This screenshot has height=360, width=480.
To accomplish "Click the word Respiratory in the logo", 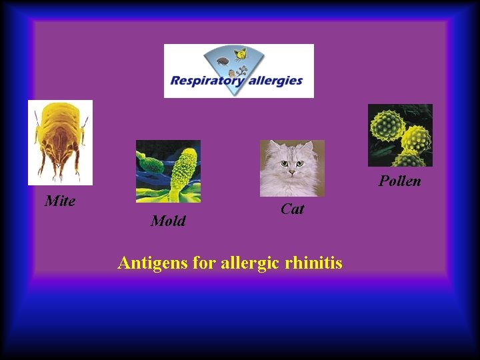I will [206, 81].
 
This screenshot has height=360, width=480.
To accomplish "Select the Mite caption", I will [60, 201].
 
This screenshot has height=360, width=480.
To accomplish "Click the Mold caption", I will [168, 221].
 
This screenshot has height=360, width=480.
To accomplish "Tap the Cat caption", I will [292, 209].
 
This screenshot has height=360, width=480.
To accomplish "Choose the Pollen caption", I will [400, 181].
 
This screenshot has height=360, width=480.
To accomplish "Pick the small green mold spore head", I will [148, 161].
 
